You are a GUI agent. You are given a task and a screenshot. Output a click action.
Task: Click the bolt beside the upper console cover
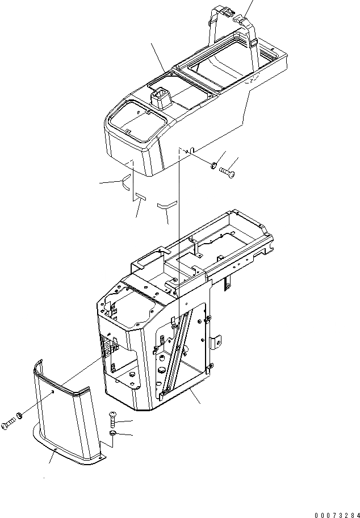click(x=228, y=170)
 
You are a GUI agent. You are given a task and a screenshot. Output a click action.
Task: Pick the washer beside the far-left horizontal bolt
click(x=20, y=416)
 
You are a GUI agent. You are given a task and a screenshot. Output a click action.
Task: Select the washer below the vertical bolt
click(x=111, y=435)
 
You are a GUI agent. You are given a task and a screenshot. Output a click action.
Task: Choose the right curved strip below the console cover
click(x=168, y=204)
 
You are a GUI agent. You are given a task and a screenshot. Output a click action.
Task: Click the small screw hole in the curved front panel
click(x=52, y=392)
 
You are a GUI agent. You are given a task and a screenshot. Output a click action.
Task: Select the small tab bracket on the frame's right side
click(x=216, y=342)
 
